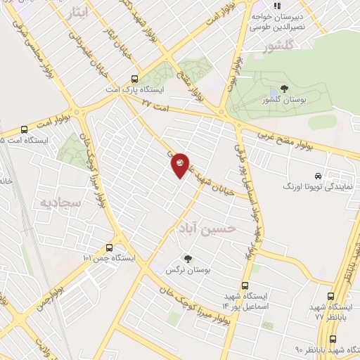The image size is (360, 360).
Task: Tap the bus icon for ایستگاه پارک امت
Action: (134, 79)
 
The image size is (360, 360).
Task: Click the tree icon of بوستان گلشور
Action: (283, 89)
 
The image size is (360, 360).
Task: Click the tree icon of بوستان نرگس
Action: (187, 259)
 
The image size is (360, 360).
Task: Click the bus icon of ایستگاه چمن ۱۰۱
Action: (109, 247)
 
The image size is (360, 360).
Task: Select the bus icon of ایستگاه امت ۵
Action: (25, 130)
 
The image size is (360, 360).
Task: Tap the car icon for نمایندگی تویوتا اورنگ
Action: (319, 176)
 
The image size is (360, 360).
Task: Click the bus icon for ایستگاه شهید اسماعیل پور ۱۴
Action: (245, 285)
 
